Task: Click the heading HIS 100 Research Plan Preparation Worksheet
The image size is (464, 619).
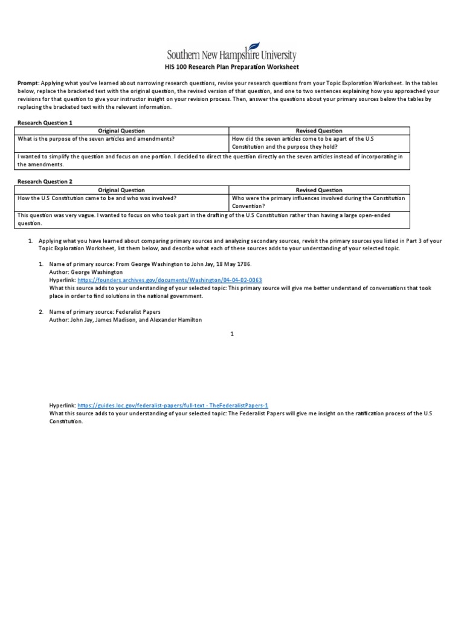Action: coord(231,67)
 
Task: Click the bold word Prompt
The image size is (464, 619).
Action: coord(28,83)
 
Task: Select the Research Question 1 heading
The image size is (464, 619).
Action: coord(45,122)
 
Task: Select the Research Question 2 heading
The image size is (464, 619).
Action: coord(45,181)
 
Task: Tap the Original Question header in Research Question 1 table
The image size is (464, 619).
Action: coord(121,131)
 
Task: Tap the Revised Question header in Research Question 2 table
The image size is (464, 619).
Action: coord(319,190)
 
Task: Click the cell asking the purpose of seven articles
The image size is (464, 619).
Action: coord(97,138)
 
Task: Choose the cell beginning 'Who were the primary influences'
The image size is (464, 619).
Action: coord(319,202)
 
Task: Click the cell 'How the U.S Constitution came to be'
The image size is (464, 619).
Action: coord(97,198)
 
